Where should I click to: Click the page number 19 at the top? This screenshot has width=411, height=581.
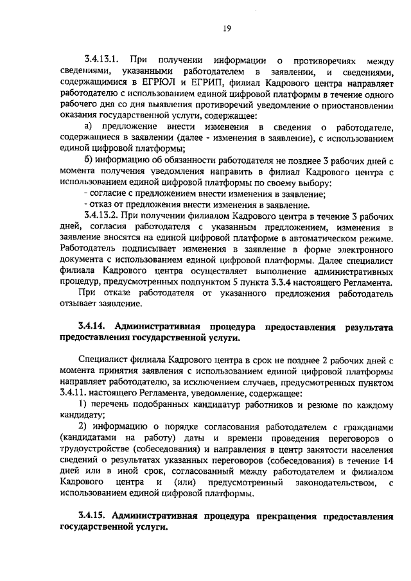[x=227, y=27]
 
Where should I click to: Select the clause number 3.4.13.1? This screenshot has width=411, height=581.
[x=101, y=61]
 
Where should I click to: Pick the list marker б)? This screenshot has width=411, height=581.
[x=89, y=159]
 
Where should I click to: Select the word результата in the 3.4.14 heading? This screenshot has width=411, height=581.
[x=367, y=326]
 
